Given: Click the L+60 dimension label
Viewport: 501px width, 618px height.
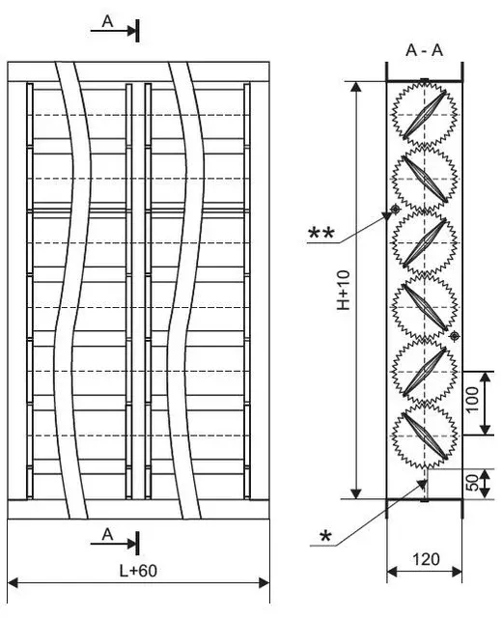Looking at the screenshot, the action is click(138, 571).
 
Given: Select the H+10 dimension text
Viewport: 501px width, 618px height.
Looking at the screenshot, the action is click(344, 290).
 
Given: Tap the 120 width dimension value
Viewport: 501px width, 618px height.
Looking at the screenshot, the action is click(426, 559).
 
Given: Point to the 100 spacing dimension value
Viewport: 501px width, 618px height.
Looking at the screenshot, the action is click(473, 399).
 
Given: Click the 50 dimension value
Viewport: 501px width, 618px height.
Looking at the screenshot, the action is click(473, 483).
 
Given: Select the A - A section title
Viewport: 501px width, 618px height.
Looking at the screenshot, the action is click(424, 50).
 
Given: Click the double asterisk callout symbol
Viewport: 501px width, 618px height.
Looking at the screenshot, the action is click(321, 233).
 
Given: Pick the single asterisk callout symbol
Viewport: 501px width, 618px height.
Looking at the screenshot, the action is click(325, 536).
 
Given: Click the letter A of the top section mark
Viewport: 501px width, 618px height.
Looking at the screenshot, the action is click(107, 21).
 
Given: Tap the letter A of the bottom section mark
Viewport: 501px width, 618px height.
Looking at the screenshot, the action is click(107, 534).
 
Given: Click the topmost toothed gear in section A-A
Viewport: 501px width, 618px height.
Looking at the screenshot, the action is click(424, 115).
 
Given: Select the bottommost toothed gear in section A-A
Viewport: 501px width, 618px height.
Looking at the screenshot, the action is click(424, 435).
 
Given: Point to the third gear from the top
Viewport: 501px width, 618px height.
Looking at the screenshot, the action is click(424, 242).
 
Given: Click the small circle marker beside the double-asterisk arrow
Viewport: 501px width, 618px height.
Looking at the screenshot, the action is click(395, 209).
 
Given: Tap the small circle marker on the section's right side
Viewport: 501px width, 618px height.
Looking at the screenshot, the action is click(455, 336).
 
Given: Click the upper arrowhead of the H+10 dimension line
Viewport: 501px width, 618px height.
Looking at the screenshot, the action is click(356, 87).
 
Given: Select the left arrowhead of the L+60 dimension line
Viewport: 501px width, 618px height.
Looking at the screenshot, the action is click(13, 582).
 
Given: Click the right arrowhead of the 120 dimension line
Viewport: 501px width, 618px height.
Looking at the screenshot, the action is click(457, 572).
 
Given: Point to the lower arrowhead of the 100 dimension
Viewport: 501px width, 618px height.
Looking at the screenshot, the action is click(486, 430).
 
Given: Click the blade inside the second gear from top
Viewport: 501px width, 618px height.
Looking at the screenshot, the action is click(425, 179).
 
